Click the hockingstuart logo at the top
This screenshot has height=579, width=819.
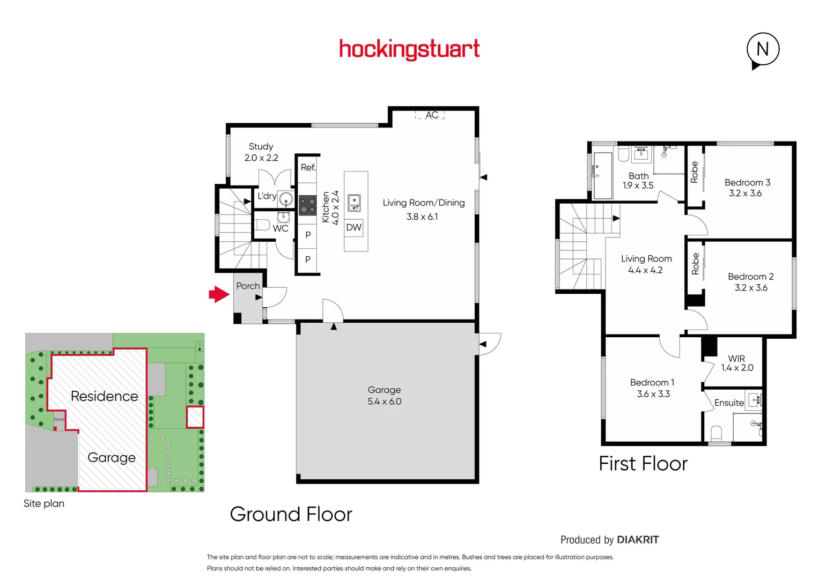(409, 49)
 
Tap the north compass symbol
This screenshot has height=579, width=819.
(762, 49)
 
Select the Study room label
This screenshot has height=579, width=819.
(261, 146)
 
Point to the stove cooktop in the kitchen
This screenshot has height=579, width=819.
(307, 205)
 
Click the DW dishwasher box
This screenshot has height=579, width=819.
(354, 227)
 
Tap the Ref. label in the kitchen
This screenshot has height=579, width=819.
(308, 167)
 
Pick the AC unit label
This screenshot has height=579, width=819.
(431, 115)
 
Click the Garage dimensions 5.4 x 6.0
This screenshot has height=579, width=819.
(384, 402)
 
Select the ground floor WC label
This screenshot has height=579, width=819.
(281, 228)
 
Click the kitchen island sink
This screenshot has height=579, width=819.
(354, 203)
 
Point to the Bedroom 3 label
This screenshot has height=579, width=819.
(747, 182)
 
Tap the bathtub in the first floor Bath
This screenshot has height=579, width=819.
(603, 175)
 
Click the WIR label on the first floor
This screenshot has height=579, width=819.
(736, 358)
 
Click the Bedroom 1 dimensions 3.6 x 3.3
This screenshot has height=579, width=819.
(653, 394)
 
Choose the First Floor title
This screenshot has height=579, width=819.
(643, 464)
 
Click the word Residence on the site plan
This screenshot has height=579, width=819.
(105, 396)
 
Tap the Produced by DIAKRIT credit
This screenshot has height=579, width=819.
(609, 540)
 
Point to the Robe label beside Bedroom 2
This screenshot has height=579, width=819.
(696, 263)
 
